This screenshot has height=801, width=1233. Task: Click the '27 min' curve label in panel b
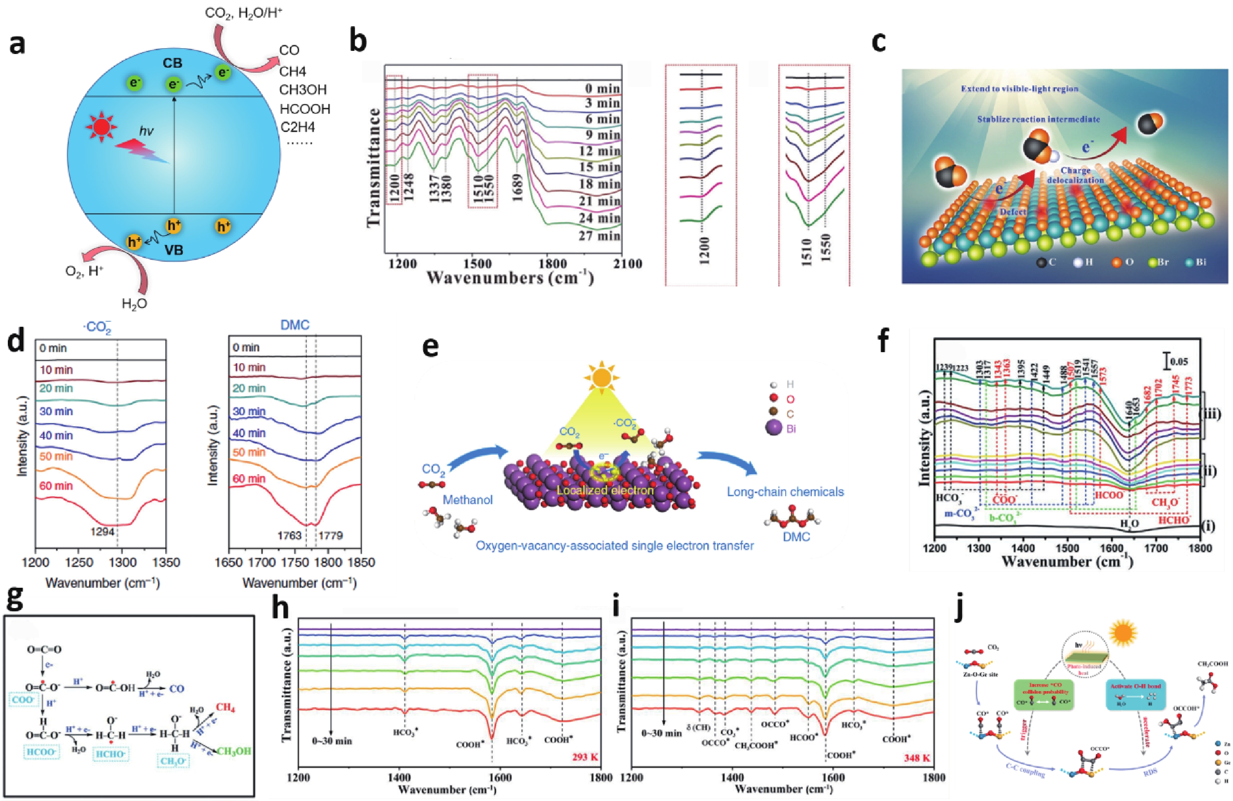coord(599,236)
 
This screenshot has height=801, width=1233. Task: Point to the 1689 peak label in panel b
coord(517,187)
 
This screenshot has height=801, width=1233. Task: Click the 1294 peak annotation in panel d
coord(103,532)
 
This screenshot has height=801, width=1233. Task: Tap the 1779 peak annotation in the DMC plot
coord(330,535)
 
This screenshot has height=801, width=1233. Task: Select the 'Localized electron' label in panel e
coord(605,490)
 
